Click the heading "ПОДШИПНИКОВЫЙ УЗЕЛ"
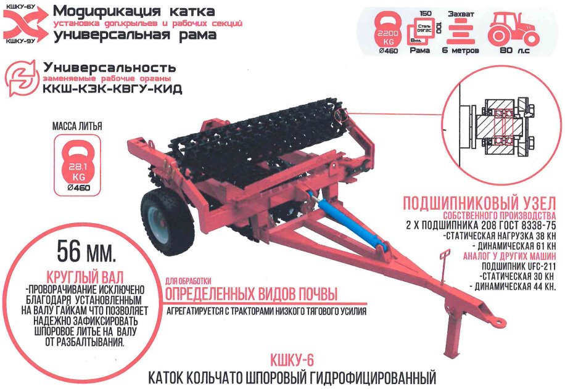point(479,203)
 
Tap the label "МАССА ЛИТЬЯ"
point(77,126)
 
